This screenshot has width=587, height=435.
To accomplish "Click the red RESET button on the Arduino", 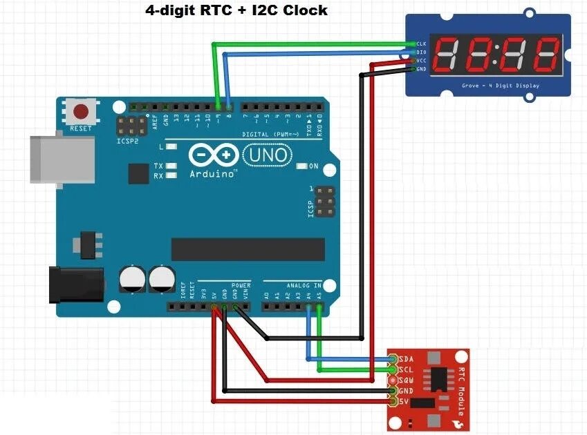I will (82, 112).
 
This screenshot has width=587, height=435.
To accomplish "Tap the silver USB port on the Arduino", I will (61, 159).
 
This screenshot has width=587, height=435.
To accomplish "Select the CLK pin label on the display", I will (421, 43).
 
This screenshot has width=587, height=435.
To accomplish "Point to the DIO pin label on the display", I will (421, 52).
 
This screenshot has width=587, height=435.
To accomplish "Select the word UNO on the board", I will (266, 155).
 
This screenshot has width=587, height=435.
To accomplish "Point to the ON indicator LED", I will (302, 166).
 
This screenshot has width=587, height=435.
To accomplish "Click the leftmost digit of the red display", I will (446, 53).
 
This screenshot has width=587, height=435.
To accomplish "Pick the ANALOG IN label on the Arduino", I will (304, 284).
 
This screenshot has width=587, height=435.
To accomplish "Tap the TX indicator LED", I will (170, 166).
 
